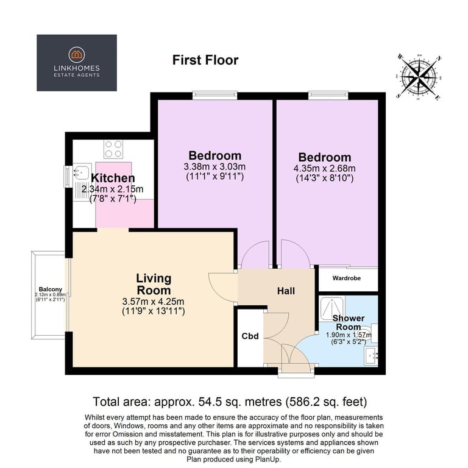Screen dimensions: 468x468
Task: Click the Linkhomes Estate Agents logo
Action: tap(76, 63)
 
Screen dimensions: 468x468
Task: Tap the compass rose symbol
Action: tap(420, 76)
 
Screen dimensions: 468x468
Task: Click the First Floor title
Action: tap(205, 60)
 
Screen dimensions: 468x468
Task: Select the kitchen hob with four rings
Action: tap(113, 149)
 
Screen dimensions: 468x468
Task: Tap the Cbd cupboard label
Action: tap(250, 336)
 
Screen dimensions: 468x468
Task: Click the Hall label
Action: tap(286, 291)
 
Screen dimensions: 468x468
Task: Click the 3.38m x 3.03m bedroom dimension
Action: tap(214, 166)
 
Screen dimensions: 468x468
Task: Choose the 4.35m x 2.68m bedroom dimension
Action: tap(324, 168)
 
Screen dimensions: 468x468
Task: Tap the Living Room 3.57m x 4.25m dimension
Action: tap(154, 302)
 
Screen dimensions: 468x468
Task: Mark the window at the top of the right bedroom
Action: tap(328, 94)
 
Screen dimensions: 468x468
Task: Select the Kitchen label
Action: tap(113, 178)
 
